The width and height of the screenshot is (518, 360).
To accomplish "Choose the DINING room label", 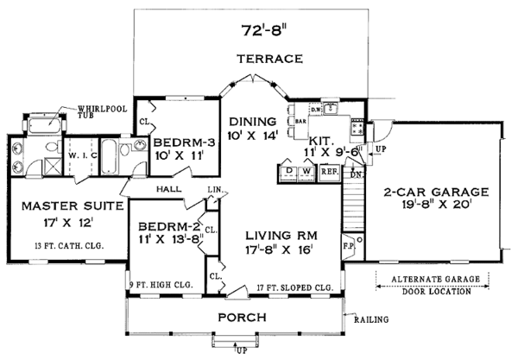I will click(x=252, y=121).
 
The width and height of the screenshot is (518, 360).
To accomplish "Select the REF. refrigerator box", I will click(x=329, y=172).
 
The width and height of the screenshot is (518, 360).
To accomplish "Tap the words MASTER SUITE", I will click(x=57, y=206).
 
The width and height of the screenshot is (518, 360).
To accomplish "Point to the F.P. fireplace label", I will click(x=349, y=244).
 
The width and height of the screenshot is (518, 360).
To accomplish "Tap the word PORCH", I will click(x=240, y=318).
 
